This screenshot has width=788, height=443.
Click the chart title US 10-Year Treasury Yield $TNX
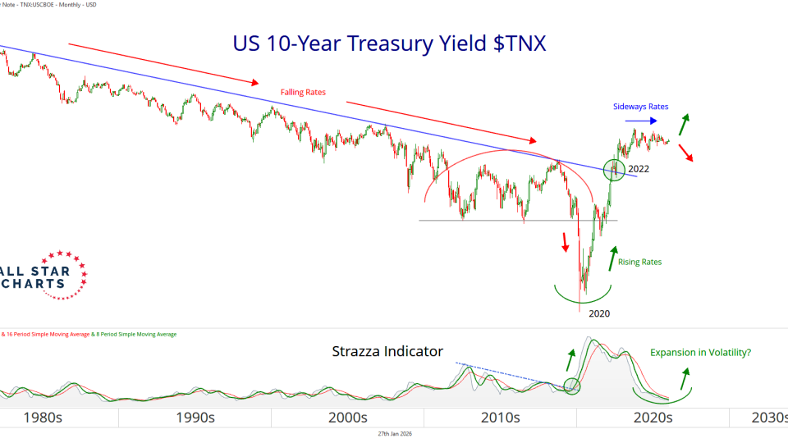[x=389, y=43]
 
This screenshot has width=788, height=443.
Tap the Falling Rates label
[x=304, y=92]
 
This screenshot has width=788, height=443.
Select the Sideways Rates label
[x=641, y=107]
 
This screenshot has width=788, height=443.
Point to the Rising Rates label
[x=639, y=262]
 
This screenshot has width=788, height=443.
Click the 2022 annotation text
[x=639, y=169]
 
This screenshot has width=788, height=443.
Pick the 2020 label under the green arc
[x=600, y=313]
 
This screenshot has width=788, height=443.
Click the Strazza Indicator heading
[x=387, y=352]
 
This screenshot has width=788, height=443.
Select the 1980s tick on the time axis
[x=42, y=418]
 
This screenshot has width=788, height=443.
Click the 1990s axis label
[x=195, y=418]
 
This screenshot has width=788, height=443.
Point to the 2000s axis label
[x=347, y=418]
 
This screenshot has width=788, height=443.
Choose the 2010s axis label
[x=500, y=418]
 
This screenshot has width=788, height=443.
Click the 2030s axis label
[x=769, y=418]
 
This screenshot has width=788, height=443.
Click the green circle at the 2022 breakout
[x=614, y=170]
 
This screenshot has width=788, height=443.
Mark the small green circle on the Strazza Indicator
[x=573, y=385]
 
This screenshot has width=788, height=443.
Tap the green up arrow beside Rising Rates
[x=612, y=258]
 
